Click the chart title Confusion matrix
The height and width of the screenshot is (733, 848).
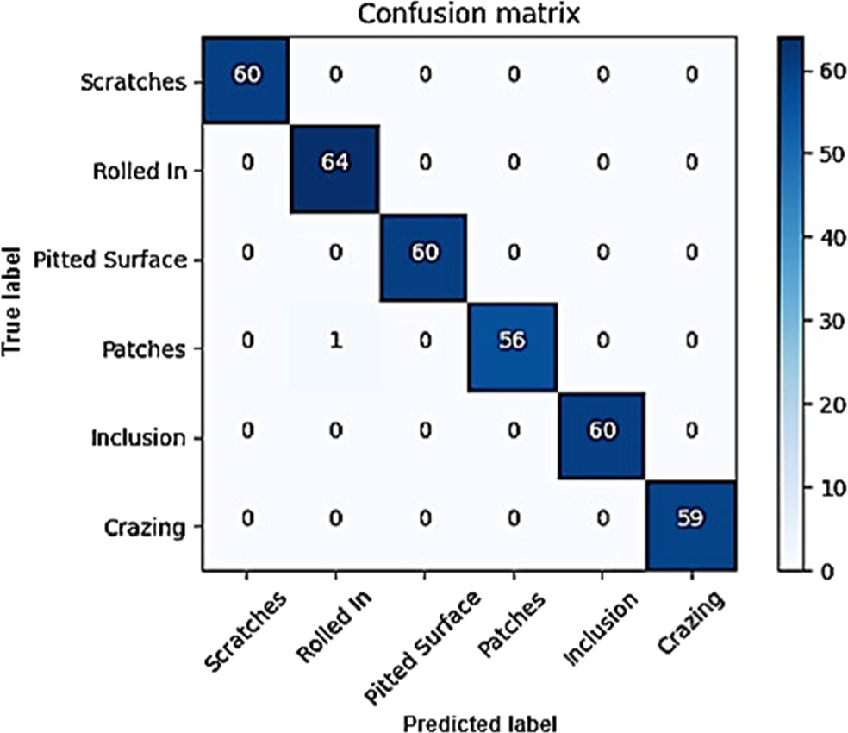(468, 16)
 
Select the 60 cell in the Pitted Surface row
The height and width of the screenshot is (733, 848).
(423, 257)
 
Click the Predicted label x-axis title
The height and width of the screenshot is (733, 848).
(468, 719)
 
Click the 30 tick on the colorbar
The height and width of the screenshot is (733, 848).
(824, 322)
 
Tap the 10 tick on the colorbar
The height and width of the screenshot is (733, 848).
(824, 487)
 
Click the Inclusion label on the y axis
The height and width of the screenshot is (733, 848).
(139, 438)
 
